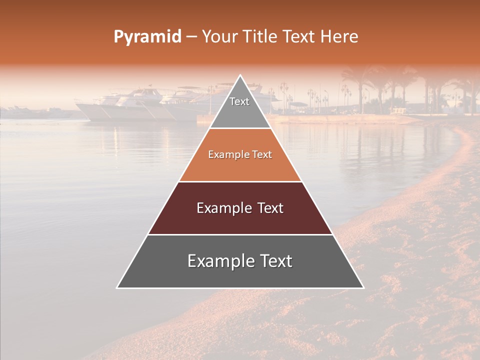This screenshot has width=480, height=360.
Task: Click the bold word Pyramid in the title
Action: click(x=147, y=37)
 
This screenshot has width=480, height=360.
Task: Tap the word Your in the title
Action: click(x=218, y=37)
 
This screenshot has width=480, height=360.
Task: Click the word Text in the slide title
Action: click(x=298, y=37)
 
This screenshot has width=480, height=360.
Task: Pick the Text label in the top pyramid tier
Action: click(x=239, y=101)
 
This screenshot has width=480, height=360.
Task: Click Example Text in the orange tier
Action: click(x=240, y=154)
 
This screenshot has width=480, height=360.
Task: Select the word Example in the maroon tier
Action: click(x=223, y=208)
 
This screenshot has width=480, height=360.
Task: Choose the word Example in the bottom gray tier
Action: click(x=218, y=261)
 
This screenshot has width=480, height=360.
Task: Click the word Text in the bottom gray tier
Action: click(x=274, y=261)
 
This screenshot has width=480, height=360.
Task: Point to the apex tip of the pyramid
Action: click(x=240, y=75)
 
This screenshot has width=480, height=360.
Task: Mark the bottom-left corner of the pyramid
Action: click(x=117, y=287)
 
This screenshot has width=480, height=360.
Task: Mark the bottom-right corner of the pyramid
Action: click(x=363, y=287)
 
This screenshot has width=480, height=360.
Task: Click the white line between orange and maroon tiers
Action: click(x=240, y=181)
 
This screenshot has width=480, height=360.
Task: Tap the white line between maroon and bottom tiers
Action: click(x=240, y=234)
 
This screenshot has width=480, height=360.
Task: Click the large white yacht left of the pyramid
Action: click(x=125, y=106)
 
